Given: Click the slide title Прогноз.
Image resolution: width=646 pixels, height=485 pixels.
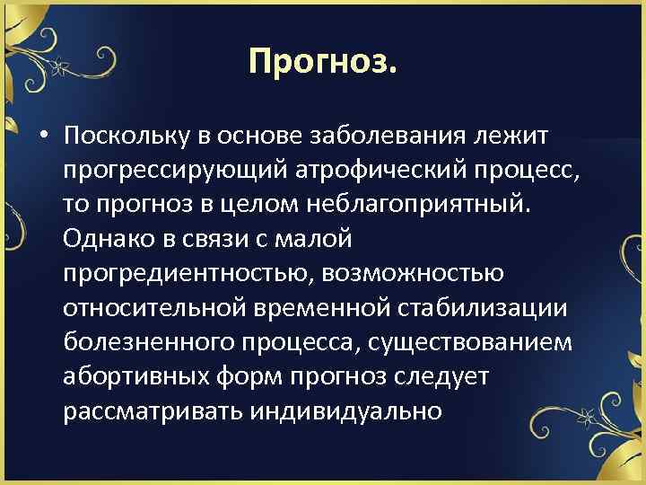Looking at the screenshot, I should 322,61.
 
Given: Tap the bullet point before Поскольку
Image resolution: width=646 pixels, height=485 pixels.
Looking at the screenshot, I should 43,136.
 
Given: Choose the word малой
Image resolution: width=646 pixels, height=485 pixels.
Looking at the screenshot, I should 319,239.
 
